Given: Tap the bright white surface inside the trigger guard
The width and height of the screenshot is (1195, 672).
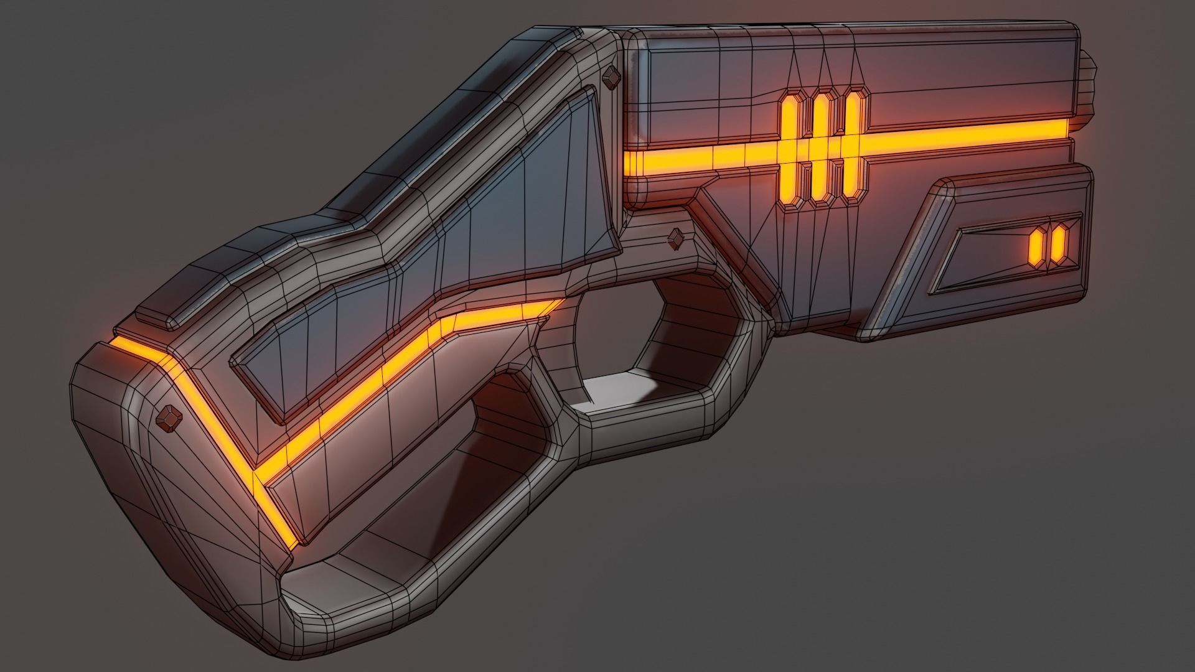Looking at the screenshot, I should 629,392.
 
